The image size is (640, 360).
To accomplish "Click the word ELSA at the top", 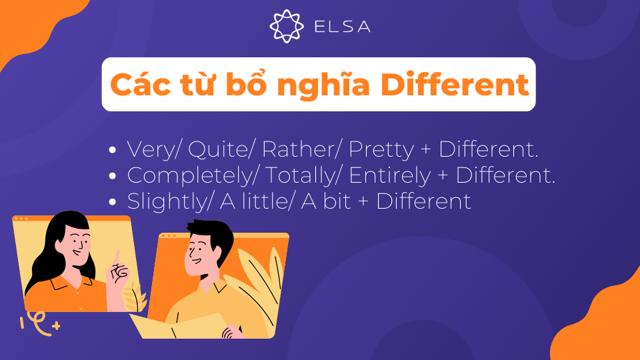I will tap(341, 27).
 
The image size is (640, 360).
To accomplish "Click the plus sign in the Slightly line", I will tap(363, 201).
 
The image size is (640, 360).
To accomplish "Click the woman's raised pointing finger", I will tap(117, 257).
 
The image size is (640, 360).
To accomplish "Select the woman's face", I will tap(75, 246).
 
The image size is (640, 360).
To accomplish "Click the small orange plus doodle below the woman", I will tap(55, 326).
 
